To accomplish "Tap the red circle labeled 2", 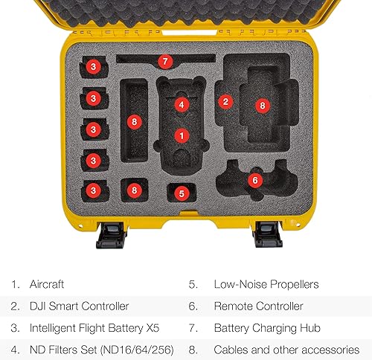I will click(x=224, y=100).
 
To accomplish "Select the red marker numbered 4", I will click(x=180, y=105).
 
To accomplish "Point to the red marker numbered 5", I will click(x=182, y=193).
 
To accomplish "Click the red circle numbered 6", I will click(x=254, y=180).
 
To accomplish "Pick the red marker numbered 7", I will click(x=165, y=61).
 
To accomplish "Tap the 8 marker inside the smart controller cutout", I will click(x=262, y=106).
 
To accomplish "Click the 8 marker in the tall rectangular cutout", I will click(x=134, y=120).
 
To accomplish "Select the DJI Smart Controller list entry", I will click(x=80, y=306).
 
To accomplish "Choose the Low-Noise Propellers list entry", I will click(x=266, y=283).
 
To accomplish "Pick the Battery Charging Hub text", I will click(x=263, y=327).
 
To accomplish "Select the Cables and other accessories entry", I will click(x=285, y=349).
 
